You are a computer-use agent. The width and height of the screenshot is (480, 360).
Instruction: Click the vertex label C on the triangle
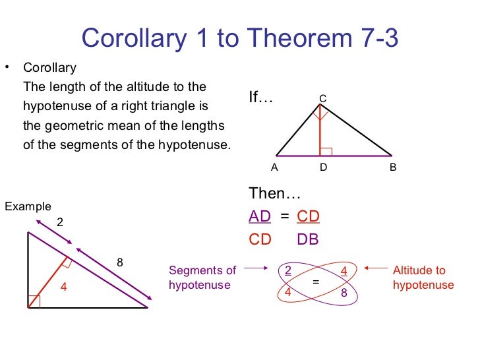(323, 99)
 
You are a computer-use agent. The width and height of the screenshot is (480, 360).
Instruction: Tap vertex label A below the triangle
(275, 167)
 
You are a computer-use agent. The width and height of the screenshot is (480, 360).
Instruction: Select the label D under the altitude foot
(323, 167)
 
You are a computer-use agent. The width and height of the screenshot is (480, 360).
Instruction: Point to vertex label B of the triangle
(393, 167)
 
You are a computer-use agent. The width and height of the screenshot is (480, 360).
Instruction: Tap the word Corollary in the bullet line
(49, 68)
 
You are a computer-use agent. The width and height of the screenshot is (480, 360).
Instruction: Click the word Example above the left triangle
(28, 206)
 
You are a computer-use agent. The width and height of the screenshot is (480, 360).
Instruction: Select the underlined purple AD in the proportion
(260, 217)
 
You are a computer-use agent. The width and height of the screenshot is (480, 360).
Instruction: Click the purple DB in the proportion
(308, 239)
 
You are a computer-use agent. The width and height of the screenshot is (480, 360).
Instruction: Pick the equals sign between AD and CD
(285, 217)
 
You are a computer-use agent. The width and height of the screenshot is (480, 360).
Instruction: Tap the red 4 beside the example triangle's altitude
(64, 286)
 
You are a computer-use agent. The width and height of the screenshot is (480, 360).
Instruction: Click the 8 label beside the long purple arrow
(120, 262)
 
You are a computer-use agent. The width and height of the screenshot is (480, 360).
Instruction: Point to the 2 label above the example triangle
(60, 222)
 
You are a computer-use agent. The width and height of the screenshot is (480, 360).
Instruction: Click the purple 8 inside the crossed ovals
(344, 293)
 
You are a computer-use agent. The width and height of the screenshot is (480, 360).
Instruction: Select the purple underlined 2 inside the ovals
(287, 270)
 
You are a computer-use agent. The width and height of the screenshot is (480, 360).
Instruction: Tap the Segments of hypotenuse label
(202, 278)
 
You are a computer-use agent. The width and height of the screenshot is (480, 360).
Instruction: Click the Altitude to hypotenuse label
(423, 278)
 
